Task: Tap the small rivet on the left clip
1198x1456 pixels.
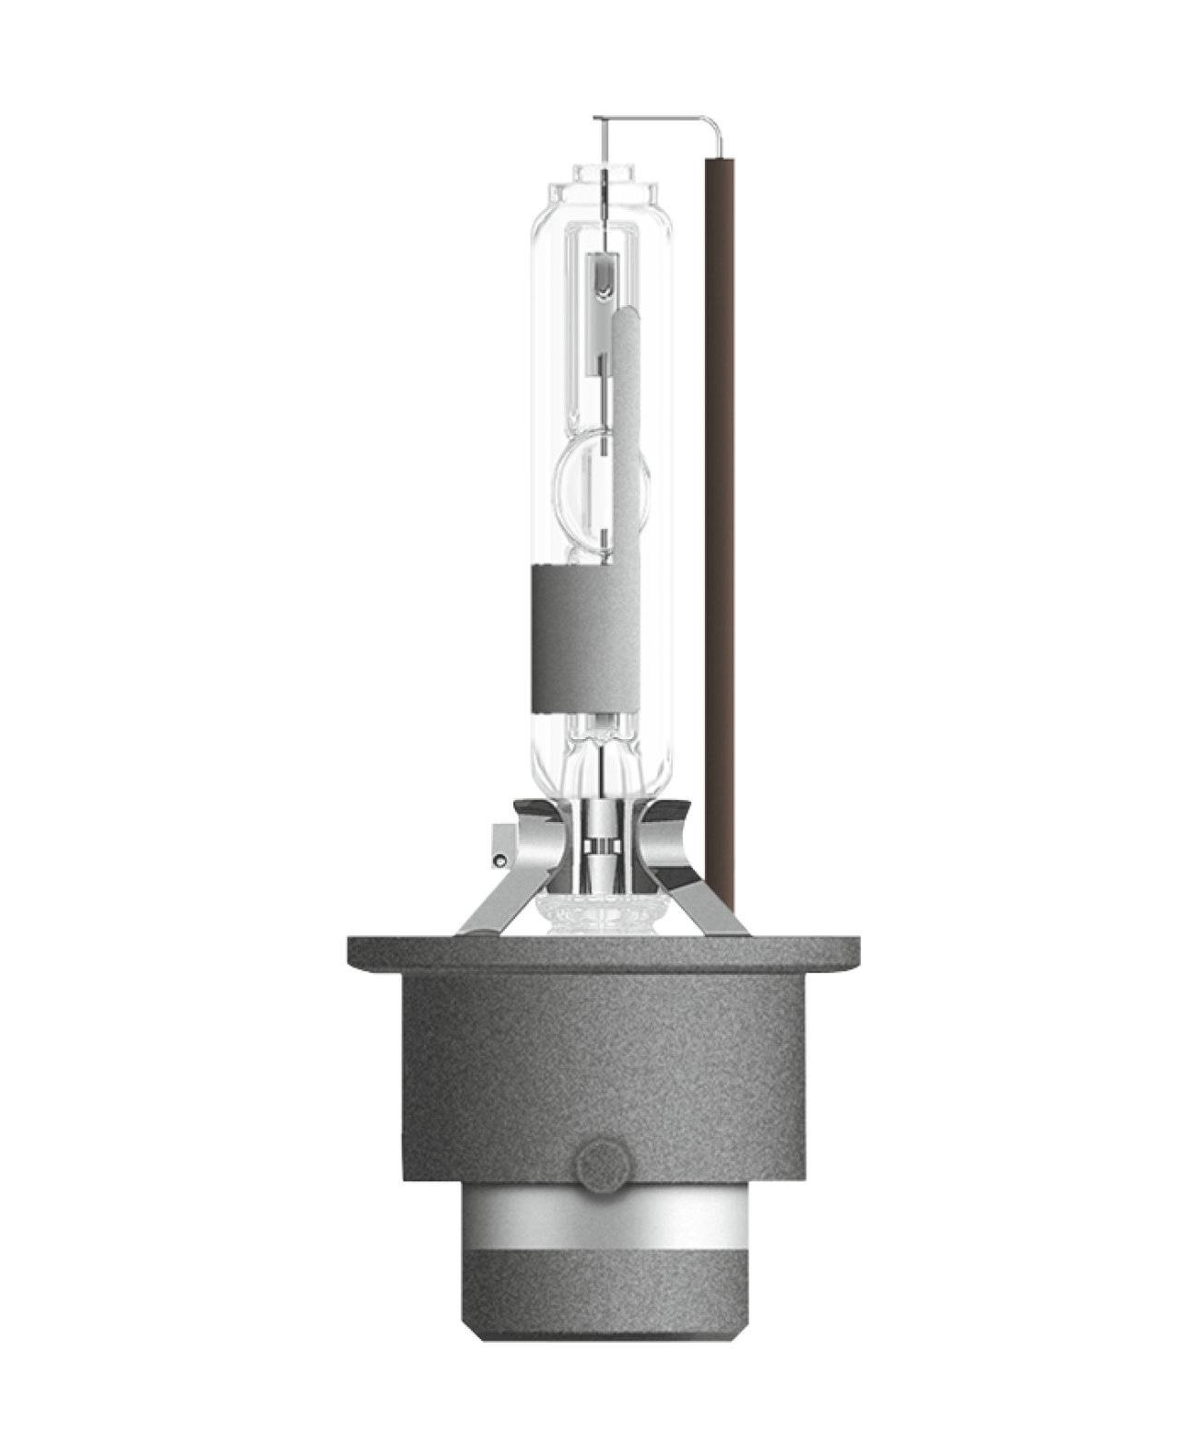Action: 500,861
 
